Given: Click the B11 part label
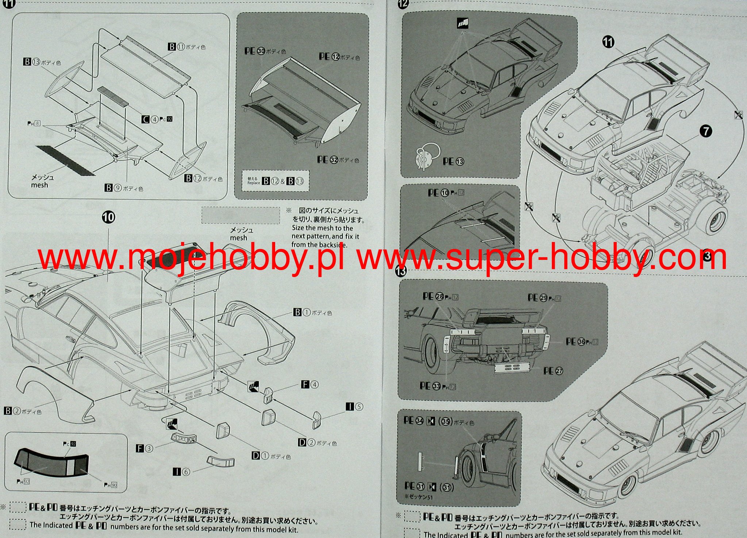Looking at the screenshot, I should coord(177,47).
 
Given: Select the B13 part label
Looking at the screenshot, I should coord(32,62).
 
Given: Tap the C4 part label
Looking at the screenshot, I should coord(150,119).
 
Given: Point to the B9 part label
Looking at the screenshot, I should coord(113,188).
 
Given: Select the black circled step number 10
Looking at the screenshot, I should coord(108,218).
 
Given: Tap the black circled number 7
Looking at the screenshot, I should coord(706,131).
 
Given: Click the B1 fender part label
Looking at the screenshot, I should coord(302,312).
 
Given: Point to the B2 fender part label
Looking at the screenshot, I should coord(12,411).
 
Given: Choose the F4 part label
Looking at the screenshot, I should coord(309,384).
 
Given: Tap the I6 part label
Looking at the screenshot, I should coord(181,472).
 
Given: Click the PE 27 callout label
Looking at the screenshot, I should coord(553,371).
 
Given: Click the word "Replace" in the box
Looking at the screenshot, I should coord(254,182).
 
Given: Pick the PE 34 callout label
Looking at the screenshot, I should coord(413,420).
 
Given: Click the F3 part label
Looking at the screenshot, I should coord(144,448).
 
